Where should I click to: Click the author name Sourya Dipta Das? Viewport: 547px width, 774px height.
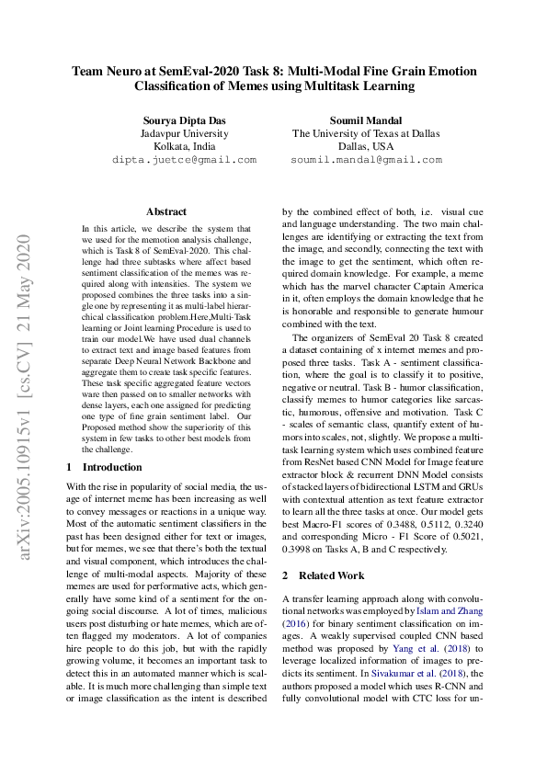click(x=184, y=120)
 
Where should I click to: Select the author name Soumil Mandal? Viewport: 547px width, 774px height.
click(x=366, y=120)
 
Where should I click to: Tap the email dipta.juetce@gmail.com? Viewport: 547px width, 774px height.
click(x=184, y=160)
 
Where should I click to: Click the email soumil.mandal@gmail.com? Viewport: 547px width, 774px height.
click(x=366, y=160)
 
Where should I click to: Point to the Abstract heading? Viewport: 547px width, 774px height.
click(x=165, y=211)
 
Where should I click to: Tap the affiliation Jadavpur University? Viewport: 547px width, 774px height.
click(x=184, y=132)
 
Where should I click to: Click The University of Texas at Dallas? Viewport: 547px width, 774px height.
click(x=366, y=132)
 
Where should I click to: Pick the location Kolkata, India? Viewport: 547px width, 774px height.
click(x=184, y=146)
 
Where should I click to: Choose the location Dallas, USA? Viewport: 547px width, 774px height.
click(x=366, y=146)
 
